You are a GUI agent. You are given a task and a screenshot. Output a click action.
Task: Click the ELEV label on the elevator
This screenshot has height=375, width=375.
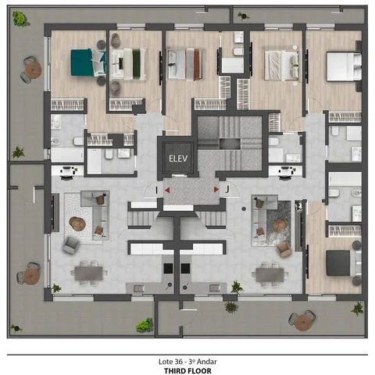(x=178, y=159)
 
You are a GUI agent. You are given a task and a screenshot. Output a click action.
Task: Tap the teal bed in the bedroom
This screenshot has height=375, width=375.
(x=88, y=62)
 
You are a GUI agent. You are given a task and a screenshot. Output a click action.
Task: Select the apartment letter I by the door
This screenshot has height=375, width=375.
(x=156, y=190)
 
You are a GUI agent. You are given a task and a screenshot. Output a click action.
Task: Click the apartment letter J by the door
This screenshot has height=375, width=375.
(x=227, y=189)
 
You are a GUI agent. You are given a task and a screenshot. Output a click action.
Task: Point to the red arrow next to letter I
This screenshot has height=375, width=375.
(x=167, y=190)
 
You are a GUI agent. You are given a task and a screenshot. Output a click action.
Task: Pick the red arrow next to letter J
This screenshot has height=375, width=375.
(x=216, y=189)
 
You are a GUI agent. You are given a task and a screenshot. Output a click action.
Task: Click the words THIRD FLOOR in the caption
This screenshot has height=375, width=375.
(x=187, y=370)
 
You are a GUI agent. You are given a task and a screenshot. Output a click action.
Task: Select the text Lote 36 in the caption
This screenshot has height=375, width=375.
(x=170, y=362)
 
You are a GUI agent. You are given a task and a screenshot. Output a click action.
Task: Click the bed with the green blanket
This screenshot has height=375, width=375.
(x=128, y=64)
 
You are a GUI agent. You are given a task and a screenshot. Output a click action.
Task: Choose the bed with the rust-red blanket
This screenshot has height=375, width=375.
(x=184, y=64)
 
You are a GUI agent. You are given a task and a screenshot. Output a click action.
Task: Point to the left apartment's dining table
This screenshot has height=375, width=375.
(x=88, y=273)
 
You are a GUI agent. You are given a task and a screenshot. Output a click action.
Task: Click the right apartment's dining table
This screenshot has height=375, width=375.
(x=270, y=275)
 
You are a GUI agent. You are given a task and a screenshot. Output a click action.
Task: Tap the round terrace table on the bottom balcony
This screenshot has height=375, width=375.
(x=303, y=323)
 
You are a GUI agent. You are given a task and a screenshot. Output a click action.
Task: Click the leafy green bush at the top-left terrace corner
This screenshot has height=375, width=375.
(x=20, y=19)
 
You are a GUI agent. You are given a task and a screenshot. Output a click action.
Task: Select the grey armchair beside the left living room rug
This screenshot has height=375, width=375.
(x=70, y=245)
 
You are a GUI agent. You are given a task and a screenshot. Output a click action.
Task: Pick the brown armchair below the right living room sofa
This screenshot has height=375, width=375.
(x=284, y=249)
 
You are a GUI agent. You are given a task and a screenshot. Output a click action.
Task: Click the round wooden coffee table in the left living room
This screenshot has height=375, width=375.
(x=77, y=223)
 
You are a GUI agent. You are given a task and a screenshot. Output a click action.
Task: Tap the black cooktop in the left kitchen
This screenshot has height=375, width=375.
(x=168, y=268)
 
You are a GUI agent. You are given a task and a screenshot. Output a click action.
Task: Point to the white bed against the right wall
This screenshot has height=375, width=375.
(x=344, y=66)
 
